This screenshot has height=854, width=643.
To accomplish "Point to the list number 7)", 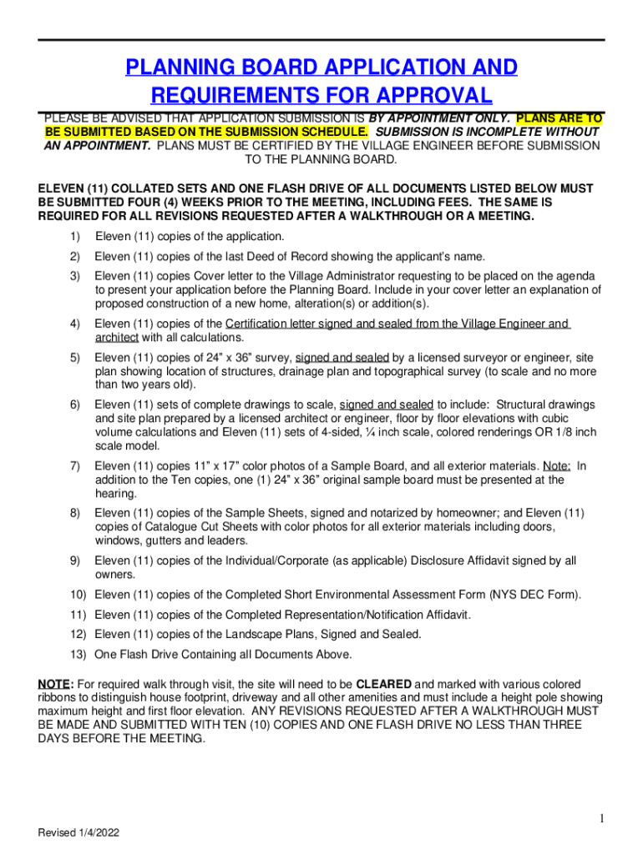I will click(74, 465).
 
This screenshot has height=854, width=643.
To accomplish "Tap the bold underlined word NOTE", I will click(54, 684).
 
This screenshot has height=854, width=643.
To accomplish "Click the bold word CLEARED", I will click(384, 684).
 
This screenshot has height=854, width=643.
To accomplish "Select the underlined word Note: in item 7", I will click(557, 465).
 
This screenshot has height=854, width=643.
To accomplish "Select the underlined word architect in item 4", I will click(116, 338).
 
